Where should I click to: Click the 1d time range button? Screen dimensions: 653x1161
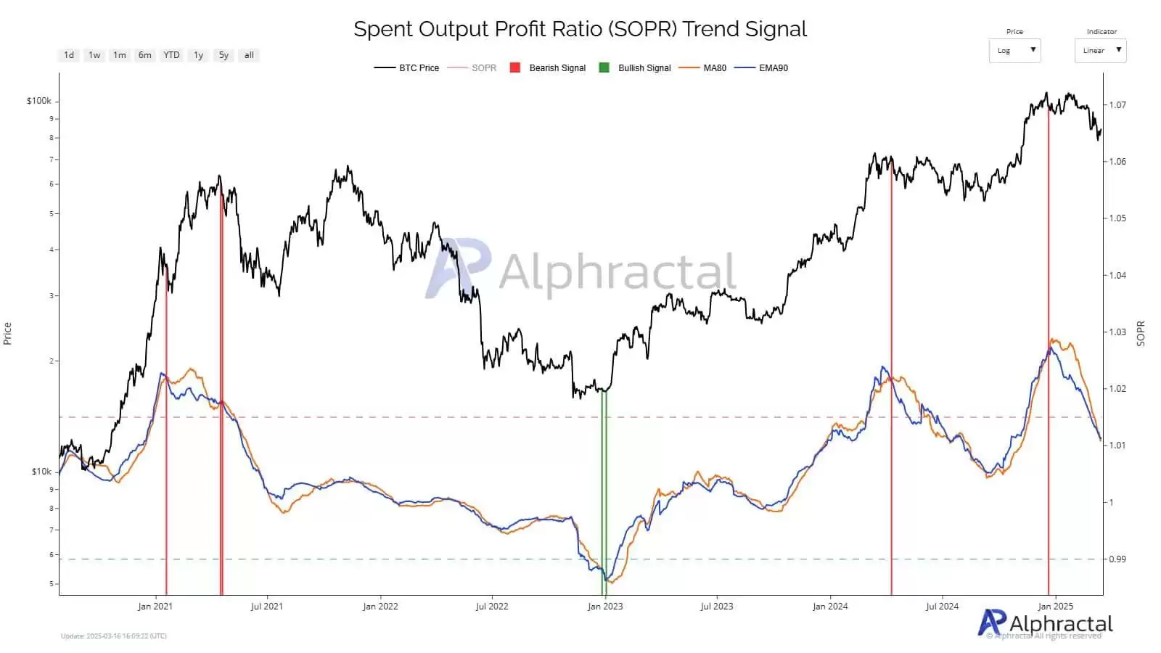click(x=69, y=55)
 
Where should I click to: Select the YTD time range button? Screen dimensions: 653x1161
click(x=171, y=55)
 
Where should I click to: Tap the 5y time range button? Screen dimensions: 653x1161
click(x=223, y=55)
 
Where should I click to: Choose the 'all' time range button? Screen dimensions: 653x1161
click(x=249, y=55)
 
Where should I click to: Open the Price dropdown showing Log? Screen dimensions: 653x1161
click(x=1014, y=51)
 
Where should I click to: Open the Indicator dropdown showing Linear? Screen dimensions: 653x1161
click(x=1100, y=51)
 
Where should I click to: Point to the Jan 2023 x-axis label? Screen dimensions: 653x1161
click(x=605, y=607)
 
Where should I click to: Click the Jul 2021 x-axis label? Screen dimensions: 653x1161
click(x=266, y=607)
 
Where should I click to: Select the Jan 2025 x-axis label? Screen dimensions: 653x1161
click(x=1055, y=607)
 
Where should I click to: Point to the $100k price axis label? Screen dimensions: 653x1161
click(x=39, y=101)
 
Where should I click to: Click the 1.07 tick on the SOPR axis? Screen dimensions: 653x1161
click(x=1117, y=105)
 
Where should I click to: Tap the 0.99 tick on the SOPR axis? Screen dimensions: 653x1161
click(x=1117, y=559)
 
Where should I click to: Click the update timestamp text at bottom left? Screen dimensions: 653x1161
click(x=114, y=636)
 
